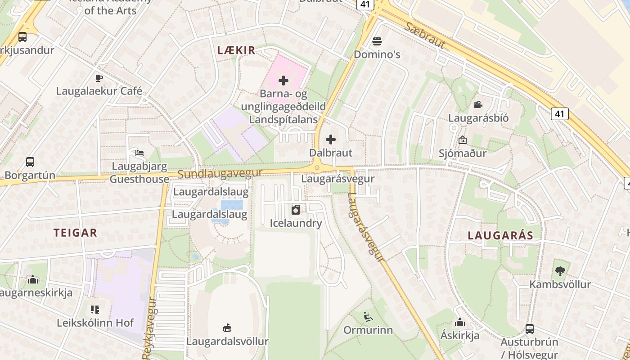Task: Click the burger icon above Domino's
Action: click(377, 41)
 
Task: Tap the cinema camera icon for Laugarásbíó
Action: click(478, 105)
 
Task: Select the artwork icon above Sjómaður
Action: click(462, 140)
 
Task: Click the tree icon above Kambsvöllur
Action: click(560, 271)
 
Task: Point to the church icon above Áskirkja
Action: click(459, 322)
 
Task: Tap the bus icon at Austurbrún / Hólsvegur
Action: click(529, 329)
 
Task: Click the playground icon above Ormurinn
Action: click(368, 317)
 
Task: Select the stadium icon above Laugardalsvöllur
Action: click(227, 328)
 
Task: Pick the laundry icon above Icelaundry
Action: click(296, 210)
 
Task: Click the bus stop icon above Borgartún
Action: click(30, 162)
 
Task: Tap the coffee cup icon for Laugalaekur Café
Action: click(99, 78)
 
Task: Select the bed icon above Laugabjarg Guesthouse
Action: click(139, 153)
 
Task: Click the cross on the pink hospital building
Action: click(283, 81)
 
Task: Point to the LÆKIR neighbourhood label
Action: click(236, 50)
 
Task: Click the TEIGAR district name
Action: click(75, 233)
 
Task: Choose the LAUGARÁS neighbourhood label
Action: click(500, 235)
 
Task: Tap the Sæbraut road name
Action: click(425, 36)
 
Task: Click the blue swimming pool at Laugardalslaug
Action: click(232, 204)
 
